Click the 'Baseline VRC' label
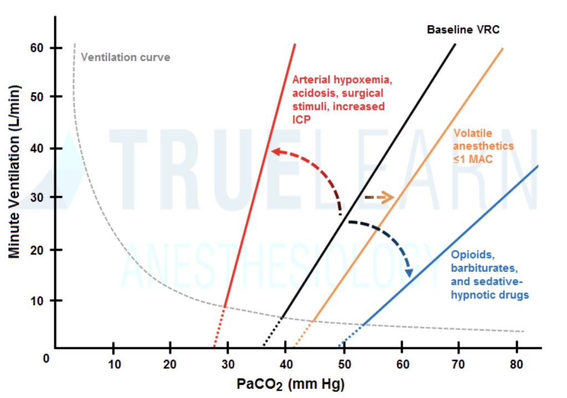[x=463, y=29]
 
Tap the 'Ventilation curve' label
[x=126, y=57]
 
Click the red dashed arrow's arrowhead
[x=275, y=151]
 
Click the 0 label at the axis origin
[x=47, y=358]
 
